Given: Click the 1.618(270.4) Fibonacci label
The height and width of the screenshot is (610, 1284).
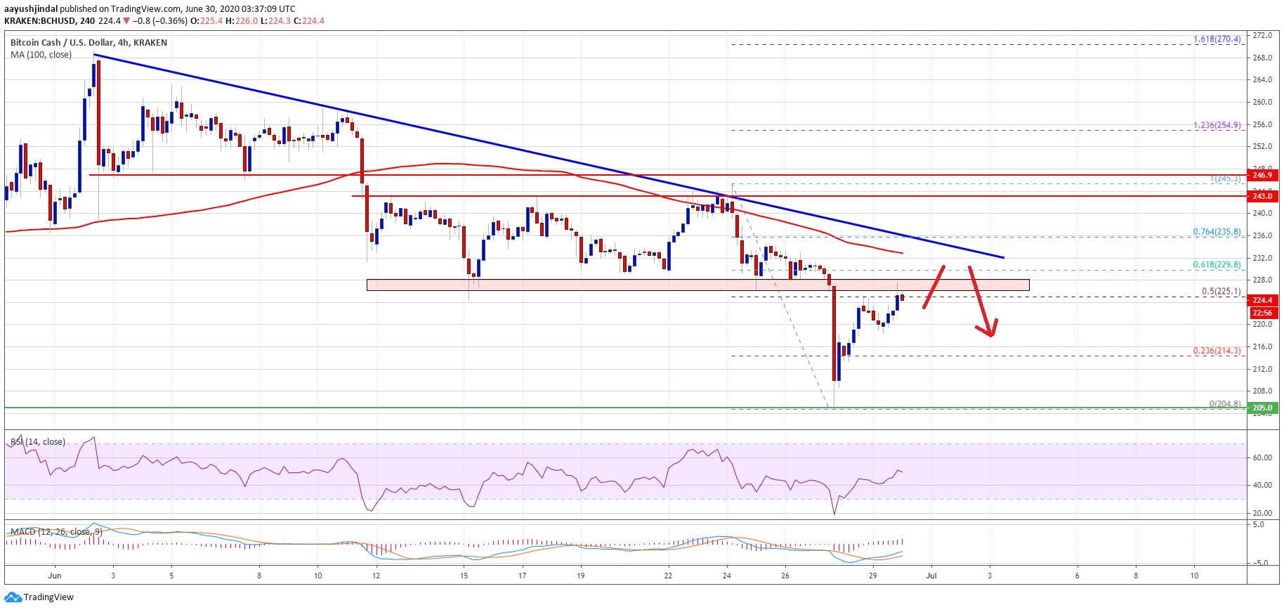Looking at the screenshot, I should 1217,39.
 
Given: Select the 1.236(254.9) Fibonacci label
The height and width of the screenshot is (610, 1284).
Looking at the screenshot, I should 1217,126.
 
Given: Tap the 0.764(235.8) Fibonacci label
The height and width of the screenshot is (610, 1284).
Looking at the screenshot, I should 1217,232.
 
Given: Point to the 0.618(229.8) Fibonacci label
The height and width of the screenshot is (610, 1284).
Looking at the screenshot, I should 1217,265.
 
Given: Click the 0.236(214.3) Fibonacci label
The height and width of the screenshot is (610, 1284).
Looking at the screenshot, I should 1217,351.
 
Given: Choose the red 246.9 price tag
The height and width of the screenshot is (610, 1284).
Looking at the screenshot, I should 1262,175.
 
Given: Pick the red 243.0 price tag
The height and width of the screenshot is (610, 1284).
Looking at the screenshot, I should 1262,196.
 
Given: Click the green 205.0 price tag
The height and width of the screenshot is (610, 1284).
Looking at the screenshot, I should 1262,408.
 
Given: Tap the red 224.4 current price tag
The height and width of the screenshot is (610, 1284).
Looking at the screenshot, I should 1262,300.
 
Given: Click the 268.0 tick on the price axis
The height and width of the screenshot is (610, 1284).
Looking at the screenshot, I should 1262,58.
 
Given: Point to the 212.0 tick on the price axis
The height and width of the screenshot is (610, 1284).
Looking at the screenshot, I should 1262,369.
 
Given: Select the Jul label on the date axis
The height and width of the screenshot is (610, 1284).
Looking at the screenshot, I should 931,576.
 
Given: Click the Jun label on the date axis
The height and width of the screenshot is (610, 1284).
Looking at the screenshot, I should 55,576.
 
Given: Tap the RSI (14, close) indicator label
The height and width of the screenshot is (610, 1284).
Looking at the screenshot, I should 38,442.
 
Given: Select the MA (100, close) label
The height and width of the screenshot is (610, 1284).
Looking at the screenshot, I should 41,55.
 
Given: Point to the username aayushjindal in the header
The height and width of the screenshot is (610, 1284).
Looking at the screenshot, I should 31,9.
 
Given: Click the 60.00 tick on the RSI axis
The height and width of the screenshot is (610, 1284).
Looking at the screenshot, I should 1262,457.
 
